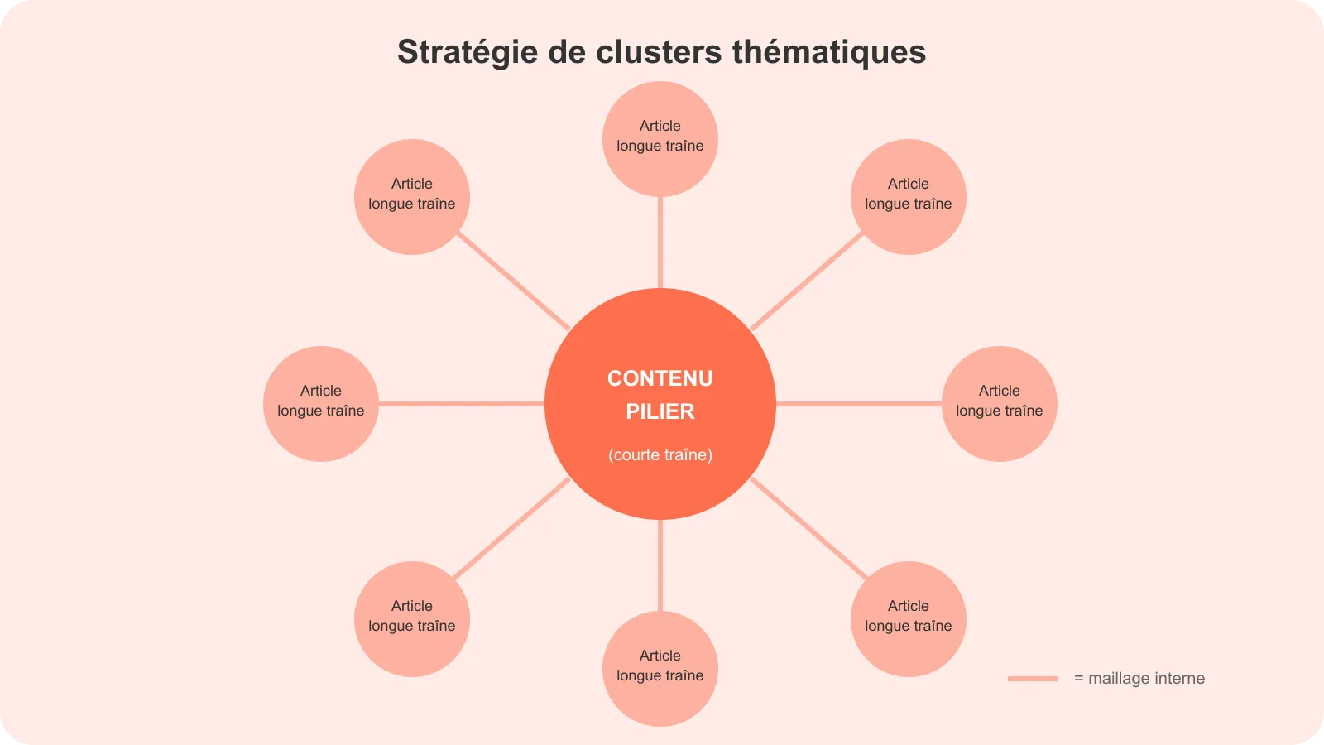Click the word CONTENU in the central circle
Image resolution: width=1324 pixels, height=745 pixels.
(660, 378)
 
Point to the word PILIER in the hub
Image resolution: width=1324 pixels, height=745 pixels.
(660, 411)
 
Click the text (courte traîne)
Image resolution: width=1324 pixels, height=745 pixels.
(660, 454)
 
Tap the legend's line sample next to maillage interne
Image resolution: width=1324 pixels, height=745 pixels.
(1032, 679)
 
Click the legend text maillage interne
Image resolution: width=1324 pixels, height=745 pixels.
(1146, 679)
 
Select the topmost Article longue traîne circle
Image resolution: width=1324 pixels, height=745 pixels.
(660, 138)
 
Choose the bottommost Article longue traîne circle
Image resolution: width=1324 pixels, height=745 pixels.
(660, 668)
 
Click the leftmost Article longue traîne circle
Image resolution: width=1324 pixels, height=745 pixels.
(321, 403)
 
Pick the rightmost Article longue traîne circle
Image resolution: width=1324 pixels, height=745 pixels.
(999, 403)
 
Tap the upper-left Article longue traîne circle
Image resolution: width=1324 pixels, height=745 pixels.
(411, 196)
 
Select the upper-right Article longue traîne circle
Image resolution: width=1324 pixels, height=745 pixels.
(908, 196)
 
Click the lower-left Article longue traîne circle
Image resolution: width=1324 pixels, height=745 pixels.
(411, 618)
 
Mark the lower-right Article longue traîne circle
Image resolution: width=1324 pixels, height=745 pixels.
(908, 618)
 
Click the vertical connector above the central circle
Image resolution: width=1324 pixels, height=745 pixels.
(660, 243)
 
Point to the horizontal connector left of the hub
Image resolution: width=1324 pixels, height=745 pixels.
(461, 404)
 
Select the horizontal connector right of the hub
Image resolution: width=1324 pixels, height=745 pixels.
(859, 404)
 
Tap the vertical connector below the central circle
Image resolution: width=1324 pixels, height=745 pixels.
(660, 565)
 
